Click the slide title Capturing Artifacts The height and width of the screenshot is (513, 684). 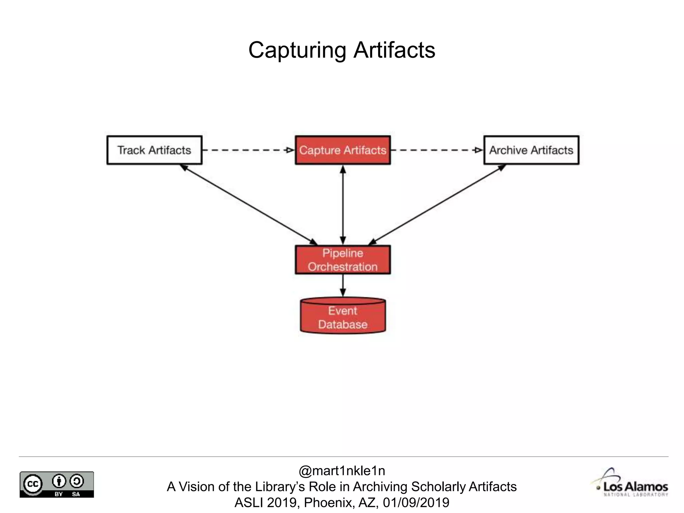[342, 50]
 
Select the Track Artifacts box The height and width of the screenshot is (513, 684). [154, 150]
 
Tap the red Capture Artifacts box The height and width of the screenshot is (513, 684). [343, 150]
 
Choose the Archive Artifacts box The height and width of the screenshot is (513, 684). [531, 150]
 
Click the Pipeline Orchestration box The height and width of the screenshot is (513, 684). [343, 260]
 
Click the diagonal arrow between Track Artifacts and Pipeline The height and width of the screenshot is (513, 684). [248, 204]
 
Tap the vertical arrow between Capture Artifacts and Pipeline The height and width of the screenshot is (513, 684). [343, 204]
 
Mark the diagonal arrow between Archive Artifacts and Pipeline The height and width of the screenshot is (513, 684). [437, 204]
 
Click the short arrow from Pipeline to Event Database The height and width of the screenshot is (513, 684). [343, 285]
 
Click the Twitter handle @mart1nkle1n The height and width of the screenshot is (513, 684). [342, 471]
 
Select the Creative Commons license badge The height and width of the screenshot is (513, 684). [57, 484]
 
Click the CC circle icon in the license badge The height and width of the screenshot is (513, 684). [33, 484]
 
